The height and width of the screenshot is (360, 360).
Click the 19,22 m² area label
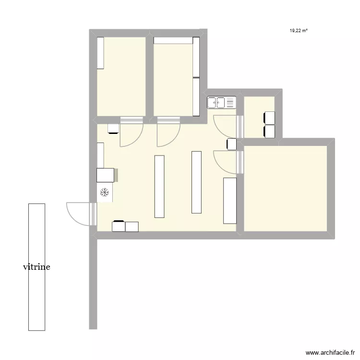(299, 30)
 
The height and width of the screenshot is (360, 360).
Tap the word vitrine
(36, 267)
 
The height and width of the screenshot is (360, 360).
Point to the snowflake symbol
(105, 193)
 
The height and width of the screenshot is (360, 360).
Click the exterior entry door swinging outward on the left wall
(78, 213)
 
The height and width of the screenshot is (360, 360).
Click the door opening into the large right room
(226, 161)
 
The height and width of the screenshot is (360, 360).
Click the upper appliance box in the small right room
(269, 118)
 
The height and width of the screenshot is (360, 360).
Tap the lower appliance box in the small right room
(269, 132)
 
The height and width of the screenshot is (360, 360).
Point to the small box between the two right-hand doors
(231, 144)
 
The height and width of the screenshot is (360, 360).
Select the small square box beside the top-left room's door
(113, 128)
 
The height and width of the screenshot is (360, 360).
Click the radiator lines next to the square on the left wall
(116, 175)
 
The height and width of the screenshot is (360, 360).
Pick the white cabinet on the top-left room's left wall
(100, 53)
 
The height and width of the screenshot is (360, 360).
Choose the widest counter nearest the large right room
(230, 200)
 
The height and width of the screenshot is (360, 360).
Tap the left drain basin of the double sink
(213, 102)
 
